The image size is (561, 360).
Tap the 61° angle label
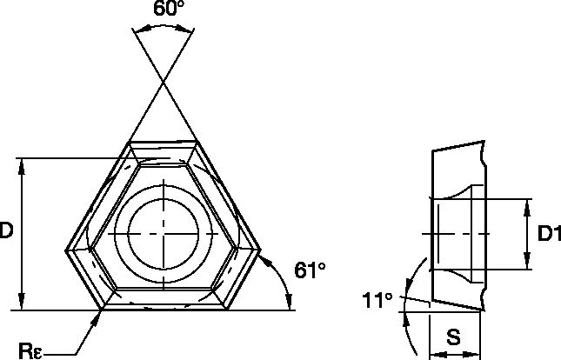click(309, 270)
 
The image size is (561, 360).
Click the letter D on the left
click(7, 231)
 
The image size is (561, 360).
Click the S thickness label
click(454, 337)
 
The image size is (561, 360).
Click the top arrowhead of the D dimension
click(21, 164)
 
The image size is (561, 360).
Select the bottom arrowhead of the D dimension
click(21, 304)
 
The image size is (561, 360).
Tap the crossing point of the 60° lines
click(164, 82)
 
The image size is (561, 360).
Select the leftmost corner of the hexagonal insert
click(66, 252)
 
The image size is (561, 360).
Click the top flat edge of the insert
click(164, 140)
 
